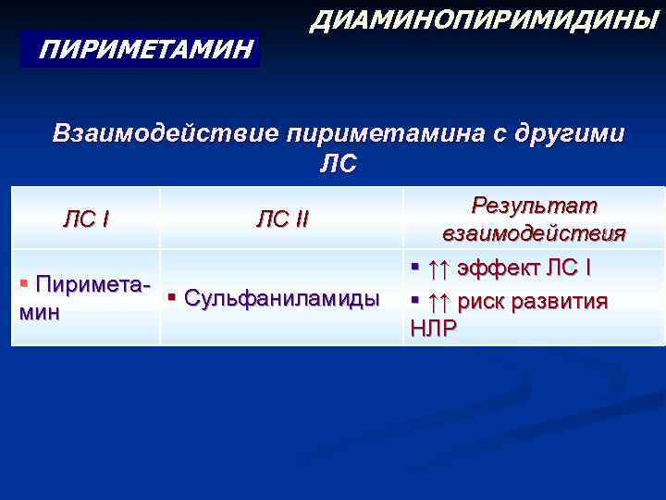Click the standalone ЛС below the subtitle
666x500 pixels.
[338, 164]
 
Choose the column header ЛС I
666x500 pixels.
[85, 219]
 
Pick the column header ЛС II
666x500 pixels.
[283, 219]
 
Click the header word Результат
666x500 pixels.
[535, 205]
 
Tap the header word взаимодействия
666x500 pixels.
[535, 232]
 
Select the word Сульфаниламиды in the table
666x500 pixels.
[282, 298]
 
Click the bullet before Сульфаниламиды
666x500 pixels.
[173, 297]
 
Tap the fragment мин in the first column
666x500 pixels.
[39, 312]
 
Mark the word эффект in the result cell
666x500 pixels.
[496, 269]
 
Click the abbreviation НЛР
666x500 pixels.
[433, 329]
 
